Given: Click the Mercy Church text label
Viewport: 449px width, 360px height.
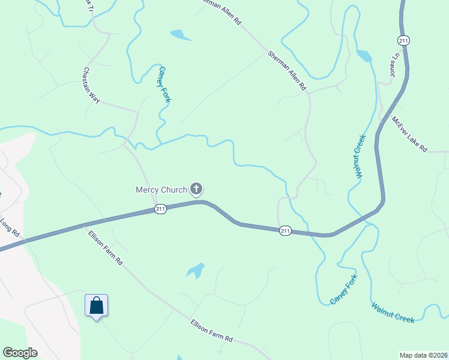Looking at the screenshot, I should pyautogui.click(x=161, y=190).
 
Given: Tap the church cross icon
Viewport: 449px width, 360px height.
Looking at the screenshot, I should pyautogui.click(x=196, y=190).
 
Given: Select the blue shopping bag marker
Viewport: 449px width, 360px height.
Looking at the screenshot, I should pyautogui.click(x=96, y=306).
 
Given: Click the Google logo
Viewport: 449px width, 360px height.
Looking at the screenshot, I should pyautogui.click(x=20, y=353).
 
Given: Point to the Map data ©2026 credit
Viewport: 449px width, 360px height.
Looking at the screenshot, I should pyautogui.click(x=423, y=355).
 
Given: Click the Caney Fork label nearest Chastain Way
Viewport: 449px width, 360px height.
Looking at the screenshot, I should pyautogui.click(x=164, y=85).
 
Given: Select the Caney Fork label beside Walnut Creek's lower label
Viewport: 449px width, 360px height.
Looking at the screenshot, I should pyautogui.click(x=344, y=289).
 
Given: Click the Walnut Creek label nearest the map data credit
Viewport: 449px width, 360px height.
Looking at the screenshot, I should pyautogui.click(x=393, y=313).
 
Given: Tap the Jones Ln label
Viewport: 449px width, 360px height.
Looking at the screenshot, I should pyautogui.click(x=394, y=66).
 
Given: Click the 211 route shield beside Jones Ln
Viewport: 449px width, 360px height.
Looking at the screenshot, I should pyautogui.click(x=403, y=40).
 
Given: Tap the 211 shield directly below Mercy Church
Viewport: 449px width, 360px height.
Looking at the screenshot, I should pyautogui.click(x=160, y=209).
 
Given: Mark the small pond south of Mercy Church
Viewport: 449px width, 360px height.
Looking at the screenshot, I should pyautogui.click(x=196, y=271).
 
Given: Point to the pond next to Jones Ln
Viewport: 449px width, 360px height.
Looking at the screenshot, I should pyautogui.click(x=364, y=56).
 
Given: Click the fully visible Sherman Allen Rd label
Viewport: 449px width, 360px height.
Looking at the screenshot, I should pyautogui.click(x=286, y=70).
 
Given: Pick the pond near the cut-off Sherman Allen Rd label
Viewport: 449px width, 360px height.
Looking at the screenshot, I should pyautogui.click(x=179, y=35).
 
